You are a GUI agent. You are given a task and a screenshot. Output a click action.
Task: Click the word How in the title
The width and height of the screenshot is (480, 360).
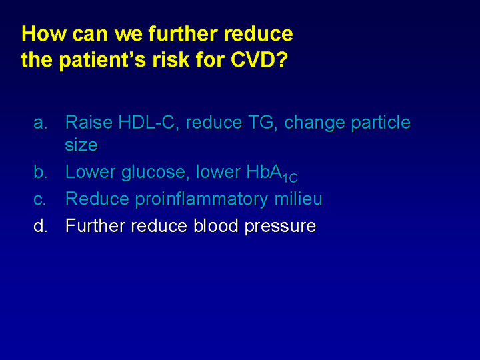click(44, 33)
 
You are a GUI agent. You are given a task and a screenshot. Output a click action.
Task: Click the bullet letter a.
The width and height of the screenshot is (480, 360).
click(40, 123)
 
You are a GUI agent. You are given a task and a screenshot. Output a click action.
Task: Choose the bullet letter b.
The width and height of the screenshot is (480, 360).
click(40, 172)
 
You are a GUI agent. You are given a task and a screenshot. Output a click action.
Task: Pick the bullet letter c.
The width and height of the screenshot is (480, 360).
click(40, 199)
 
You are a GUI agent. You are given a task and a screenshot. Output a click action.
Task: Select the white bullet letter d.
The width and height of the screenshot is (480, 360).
click(40, 225)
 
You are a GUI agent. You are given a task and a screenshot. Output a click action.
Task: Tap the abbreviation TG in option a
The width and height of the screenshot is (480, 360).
click(263, 122)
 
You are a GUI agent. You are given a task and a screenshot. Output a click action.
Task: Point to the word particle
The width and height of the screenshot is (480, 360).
click(381, 123)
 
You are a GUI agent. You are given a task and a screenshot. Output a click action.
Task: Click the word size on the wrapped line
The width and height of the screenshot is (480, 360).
click(81, 145)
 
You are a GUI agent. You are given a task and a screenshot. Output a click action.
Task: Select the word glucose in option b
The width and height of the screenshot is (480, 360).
click(153, 173)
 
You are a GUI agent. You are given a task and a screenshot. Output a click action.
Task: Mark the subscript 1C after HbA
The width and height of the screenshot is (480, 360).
click(289, 178)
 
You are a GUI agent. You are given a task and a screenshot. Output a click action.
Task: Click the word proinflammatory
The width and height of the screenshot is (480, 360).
click(201, 199)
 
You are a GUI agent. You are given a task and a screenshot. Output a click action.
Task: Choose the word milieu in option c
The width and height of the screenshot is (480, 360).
click(298, 199)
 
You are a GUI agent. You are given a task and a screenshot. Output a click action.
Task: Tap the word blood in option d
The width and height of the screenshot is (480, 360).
click(216, 225)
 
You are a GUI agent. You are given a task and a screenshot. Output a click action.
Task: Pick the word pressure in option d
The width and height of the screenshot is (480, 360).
click(280, 227)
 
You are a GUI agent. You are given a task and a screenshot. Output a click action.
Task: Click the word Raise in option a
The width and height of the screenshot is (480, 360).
click(89, 122)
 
